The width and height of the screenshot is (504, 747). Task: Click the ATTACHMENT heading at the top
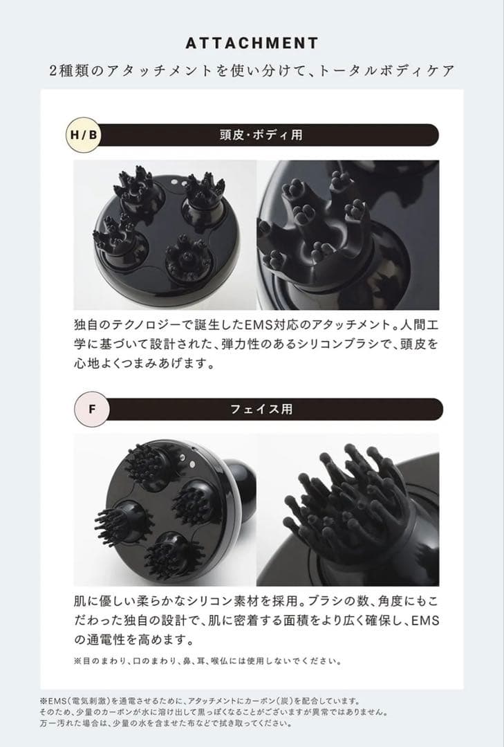coord(252,43)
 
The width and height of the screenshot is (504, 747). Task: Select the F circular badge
coord(91,409)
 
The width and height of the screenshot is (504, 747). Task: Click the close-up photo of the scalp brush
coord(348,234)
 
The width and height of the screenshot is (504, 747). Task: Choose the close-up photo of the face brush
coord(348,509)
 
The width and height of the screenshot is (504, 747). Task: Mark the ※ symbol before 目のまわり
coord(77,661)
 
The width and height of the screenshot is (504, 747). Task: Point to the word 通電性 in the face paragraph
coord(129,638)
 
